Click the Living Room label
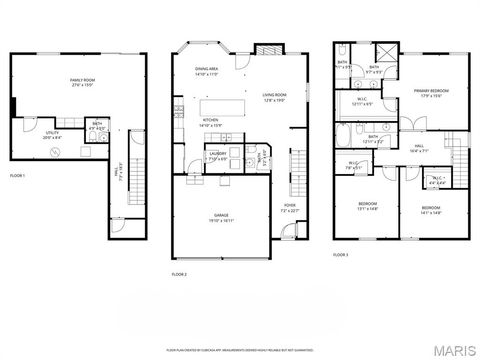click(x=275, y=98)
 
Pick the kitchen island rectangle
click(x=225, y=105)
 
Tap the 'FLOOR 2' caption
click(x=179, y=272)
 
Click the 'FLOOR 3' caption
click(x=341, y=255)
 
